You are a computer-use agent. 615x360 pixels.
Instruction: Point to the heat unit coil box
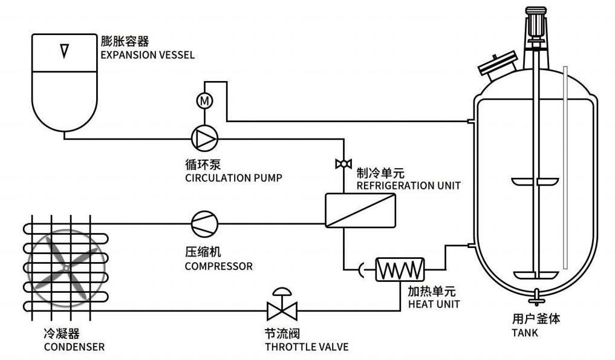(x=400, y=269)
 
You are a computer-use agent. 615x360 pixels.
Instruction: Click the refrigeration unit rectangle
(x=361, y=211)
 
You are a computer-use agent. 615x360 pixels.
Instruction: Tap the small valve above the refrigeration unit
(x=343, y=164)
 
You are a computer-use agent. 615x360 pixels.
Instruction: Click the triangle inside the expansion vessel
(x=64, y=51)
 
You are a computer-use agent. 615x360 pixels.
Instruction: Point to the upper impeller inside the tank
(x=536, y=181)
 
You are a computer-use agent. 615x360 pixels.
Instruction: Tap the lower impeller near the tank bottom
(x=536, y=274)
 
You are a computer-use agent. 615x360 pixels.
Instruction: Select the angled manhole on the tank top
(x=498, y=64)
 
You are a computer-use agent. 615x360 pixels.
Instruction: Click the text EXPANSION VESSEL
(x=148, y=55)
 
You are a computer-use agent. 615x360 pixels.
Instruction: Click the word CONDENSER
(x=74, y=347)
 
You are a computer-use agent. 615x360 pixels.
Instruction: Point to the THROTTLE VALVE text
(x=307, y=347)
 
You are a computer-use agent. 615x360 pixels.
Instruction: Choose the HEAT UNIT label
(x=434, y=304)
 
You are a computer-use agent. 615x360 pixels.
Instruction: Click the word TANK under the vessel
(x=525, y=333)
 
